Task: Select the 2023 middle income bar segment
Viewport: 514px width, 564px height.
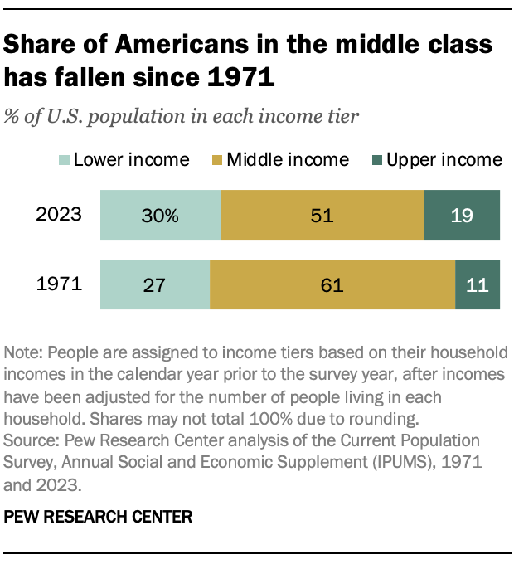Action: point(322,216)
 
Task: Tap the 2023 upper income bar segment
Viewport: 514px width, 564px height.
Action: point(462,216)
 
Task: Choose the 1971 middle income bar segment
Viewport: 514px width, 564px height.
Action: point(332,285)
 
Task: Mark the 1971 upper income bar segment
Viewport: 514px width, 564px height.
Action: point(478,285)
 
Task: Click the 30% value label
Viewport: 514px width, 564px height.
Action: point(160,216)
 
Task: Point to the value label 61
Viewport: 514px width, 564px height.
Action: point(332,286)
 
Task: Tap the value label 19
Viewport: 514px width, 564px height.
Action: point(463,216)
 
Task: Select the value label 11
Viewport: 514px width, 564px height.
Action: point(478,286)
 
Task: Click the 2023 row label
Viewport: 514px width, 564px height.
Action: point(59,216)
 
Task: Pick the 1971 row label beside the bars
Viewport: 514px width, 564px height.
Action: point(59,285)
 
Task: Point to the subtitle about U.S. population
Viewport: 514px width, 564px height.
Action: point(182,115)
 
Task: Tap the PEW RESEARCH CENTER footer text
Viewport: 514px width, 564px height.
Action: point(98,517)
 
